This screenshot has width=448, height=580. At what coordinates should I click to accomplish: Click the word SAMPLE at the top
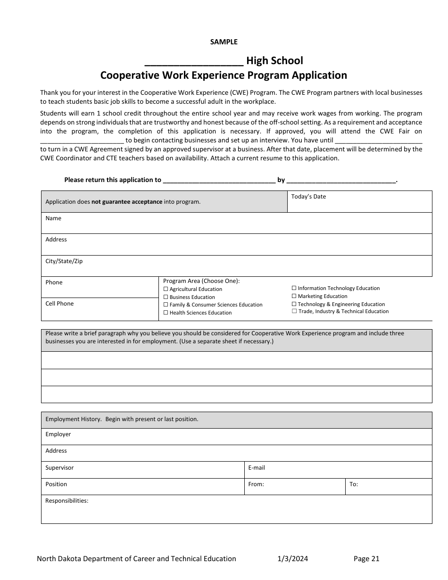pyautogui.click(x=224, y=42)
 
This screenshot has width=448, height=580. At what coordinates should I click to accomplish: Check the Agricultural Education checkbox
pyautogui.click(x=166, y=289)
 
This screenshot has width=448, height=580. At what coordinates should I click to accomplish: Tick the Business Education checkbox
pyautogui.click(x=166, y=297)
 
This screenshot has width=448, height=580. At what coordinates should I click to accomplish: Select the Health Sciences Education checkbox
pyautogui.click(x=166, y=313)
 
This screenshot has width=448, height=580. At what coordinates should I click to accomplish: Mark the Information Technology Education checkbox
pyautogui.click(x=294, y=288)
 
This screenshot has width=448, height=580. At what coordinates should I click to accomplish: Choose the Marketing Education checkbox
pyautogui.click(x=294, y=296)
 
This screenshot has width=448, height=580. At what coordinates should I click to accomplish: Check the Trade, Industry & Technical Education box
pyautogui.click(x=294, y=311)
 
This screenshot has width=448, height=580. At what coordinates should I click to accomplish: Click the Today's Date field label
pyautogui.click(x=308, y=197)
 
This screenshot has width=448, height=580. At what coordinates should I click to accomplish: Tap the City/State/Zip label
pyautogui.click(x=64, y=261)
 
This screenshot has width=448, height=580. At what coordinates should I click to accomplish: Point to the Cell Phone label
pyautogui.click(x=59, y=304)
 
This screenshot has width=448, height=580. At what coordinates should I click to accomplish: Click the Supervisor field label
pyautogui.click(x=59, y=468)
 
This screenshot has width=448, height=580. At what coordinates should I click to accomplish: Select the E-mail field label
pyautogui.click(x=257, y=468)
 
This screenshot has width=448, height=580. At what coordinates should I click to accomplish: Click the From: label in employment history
pyautogui.click(x=256, y=484)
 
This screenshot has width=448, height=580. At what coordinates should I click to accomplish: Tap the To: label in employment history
pyautogui.click(x=354, y=484)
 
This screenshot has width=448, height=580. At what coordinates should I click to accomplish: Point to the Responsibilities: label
pyautogui.click(x=66, y=501)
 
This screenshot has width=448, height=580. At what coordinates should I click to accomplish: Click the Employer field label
pyautogui.click(x=58, y=434)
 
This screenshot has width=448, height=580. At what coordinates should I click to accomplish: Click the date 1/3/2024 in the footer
pyautogui.click(x=292, y=559)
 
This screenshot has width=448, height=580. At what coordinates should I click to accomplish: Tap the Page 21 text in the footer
pyautogui.click(x=366, y=559)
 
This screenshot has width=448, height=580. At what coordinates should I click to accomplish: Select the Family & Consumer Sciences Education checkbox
pyautogui.click(x=166, y=305)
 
